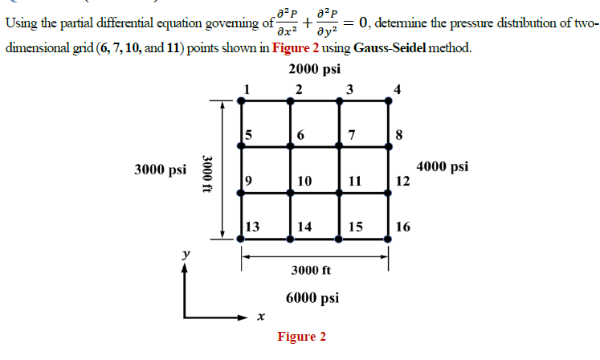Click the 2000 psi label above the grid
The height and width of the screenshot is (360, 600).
[313, 68]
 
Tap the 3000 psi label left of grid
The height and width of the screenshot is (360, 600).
[160, 170]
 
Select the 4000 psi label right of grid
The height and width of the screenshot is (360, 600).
[443, 167]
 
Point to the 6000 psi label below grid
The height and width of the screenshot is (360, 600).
[312, 297]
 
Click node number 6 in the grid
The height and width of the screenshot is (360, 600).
[300, 135]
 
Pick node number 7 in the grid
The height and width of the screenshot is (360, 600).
[351, 135]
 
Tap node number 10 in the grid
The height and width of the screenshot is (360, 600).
[304, 182]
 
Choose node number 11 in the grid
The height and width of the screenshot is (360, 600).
[354, 182]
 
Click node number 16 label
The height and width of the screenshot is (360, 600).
[403, 227]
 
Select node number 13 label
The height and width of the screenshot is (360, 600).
[251, 227]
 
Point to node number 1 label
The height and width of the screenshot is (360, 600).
[248, 88]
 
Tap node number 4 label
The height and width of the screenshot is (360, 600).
[396, 88]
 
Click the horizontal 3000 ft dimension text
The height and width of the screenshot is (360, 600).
[311, 270]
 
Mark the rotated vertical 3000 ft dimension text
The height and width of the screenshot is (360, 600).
[207, 170]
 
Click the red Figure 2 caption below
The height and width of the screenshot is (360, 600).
[302, 336]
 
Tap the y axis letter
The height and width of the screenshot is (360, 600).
[186, 254]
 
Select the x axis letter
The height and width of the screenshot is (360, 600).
[260, 317]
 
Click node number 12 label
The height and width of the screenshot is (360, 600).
[403, 182]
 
